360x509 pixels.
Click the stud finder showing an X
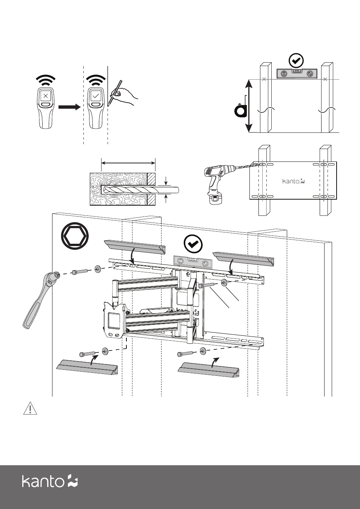click(x=46, y=107)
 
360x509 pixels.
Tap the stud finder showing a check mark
click(x=95, y=107)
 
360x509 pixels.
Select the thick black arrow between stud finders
click(x=70, y=107)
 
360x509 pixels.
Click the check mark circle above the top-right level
click(x=296, y=60)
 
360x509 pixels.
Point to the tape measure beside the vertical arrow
click(x=240, y=110)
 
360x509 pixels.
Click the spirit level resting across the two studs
click(x=297, y=74)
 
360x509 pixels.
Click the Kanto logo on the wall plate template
click(x=293, y=181)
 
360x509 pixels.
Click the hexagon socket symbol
click(x=75, y=236)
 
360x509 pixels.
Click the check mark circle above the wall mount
click(x=193, y=244)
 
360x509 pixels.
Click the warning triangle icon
click(x=30, y=409)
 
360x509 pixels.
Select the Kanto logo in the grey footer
click(x=49, y=481)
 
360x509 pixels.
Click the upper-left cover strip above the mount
click(x=135, y=247)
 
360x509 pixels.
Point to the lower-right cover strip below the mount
click(x=209, y=369)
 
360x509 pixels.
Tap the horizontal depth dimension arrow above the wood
click(x=128, y=163)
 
